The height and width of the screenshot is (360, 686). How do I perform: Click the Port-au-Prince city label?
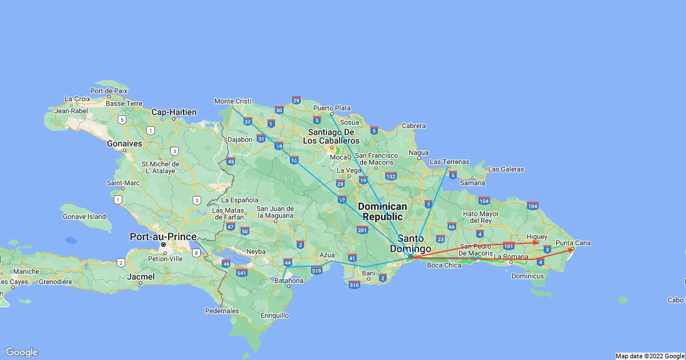click(163, 237)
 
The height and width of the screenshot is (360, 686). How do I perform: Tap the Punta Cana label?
click(573, 243)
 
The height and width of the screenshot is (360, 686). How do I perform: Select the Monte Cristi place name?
click(233, 101)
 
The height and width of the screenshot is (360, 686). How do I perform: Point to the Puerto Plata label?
click(332, 108)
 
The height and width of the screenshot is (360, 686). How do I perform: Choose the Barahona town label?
click(289, 281)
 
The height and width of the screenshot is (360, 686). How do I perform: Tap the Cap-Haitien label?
click(174, 112)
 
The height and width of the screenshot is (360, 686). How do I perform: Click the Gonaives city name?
click(124, 144)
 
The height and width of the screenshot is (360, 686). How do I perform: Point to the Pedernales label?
click(221, 311)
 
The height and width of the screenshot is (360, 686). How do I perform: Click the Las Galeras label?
click(506, 169)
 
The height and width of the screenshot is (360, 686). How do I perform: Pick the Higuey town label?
click(537, 237)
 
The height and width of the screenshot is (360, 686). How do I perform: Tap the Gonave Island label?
click(84, 217)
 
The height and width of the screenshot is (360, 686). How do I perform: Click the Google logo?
click(22, 352)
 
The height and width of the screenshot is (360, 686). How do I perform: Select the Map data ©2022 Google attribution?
click(650, 356)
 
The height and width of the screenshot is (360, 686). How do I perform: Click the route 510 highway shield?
click(354, 285)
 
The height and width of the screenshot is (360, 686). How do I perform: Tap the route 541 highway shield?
click(242, 273)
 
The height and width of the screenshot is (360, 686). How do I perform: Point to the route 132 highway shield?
click(391, 176)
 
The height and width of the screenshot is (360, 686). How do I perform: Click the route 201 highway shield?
click(361, 230)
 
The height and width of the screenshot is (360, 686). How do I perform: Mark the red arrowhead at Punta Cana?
click(570, 250)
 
